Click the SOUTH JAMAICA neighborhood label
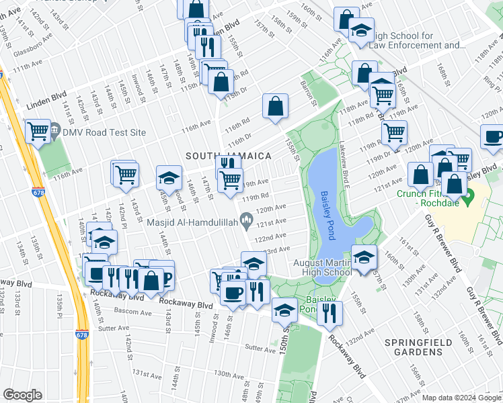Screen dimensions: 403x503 229,156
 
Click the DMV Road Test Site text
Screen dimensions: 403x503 104,132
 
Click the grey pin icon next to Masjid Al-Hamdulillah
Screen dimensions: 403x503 247,217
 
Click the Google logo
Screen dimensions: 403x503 23,395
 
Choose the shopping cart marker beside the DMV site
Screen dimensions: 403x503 38,130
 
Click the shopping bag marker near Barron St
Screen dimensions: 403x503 275,106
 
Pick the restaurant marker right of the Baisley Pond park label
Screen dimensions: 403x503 330,312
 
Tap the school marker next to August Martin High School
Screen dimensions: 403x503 363,258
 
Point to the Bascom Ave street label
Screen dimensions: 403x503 115,312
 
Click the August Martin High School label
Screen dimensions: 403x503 323,267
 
